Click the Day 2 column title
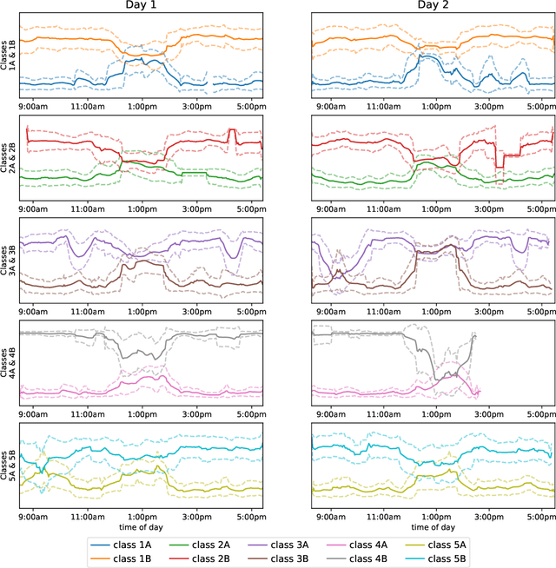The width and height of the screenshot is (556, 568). pos(433,7)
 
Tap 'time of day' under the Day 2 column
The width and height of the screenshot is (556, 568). pos(433,526)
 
